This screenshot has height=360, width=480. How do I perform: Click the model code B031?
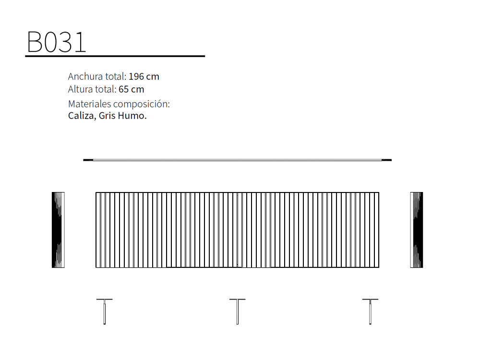pos(57,42)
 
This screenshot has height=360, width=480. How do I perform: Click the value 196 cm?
pos(144,76)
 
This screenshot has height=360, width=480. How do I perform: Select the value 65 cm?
pos(132,89)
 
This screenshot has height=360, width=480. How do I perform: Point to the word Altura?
pos(80,89)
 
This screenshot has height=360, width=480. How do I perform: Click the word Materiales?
pos(89,104)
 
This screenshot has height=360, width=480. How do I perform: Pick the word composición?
pos(142,104)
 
